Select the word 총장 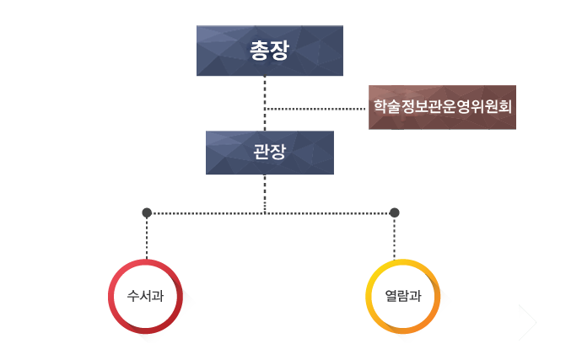270,51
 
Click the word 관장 270,153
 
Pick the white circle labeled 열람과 402,297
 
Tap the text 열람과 402,297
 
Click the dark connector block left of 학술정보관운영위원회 312,107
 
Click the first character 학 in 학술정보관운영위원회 380,107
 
